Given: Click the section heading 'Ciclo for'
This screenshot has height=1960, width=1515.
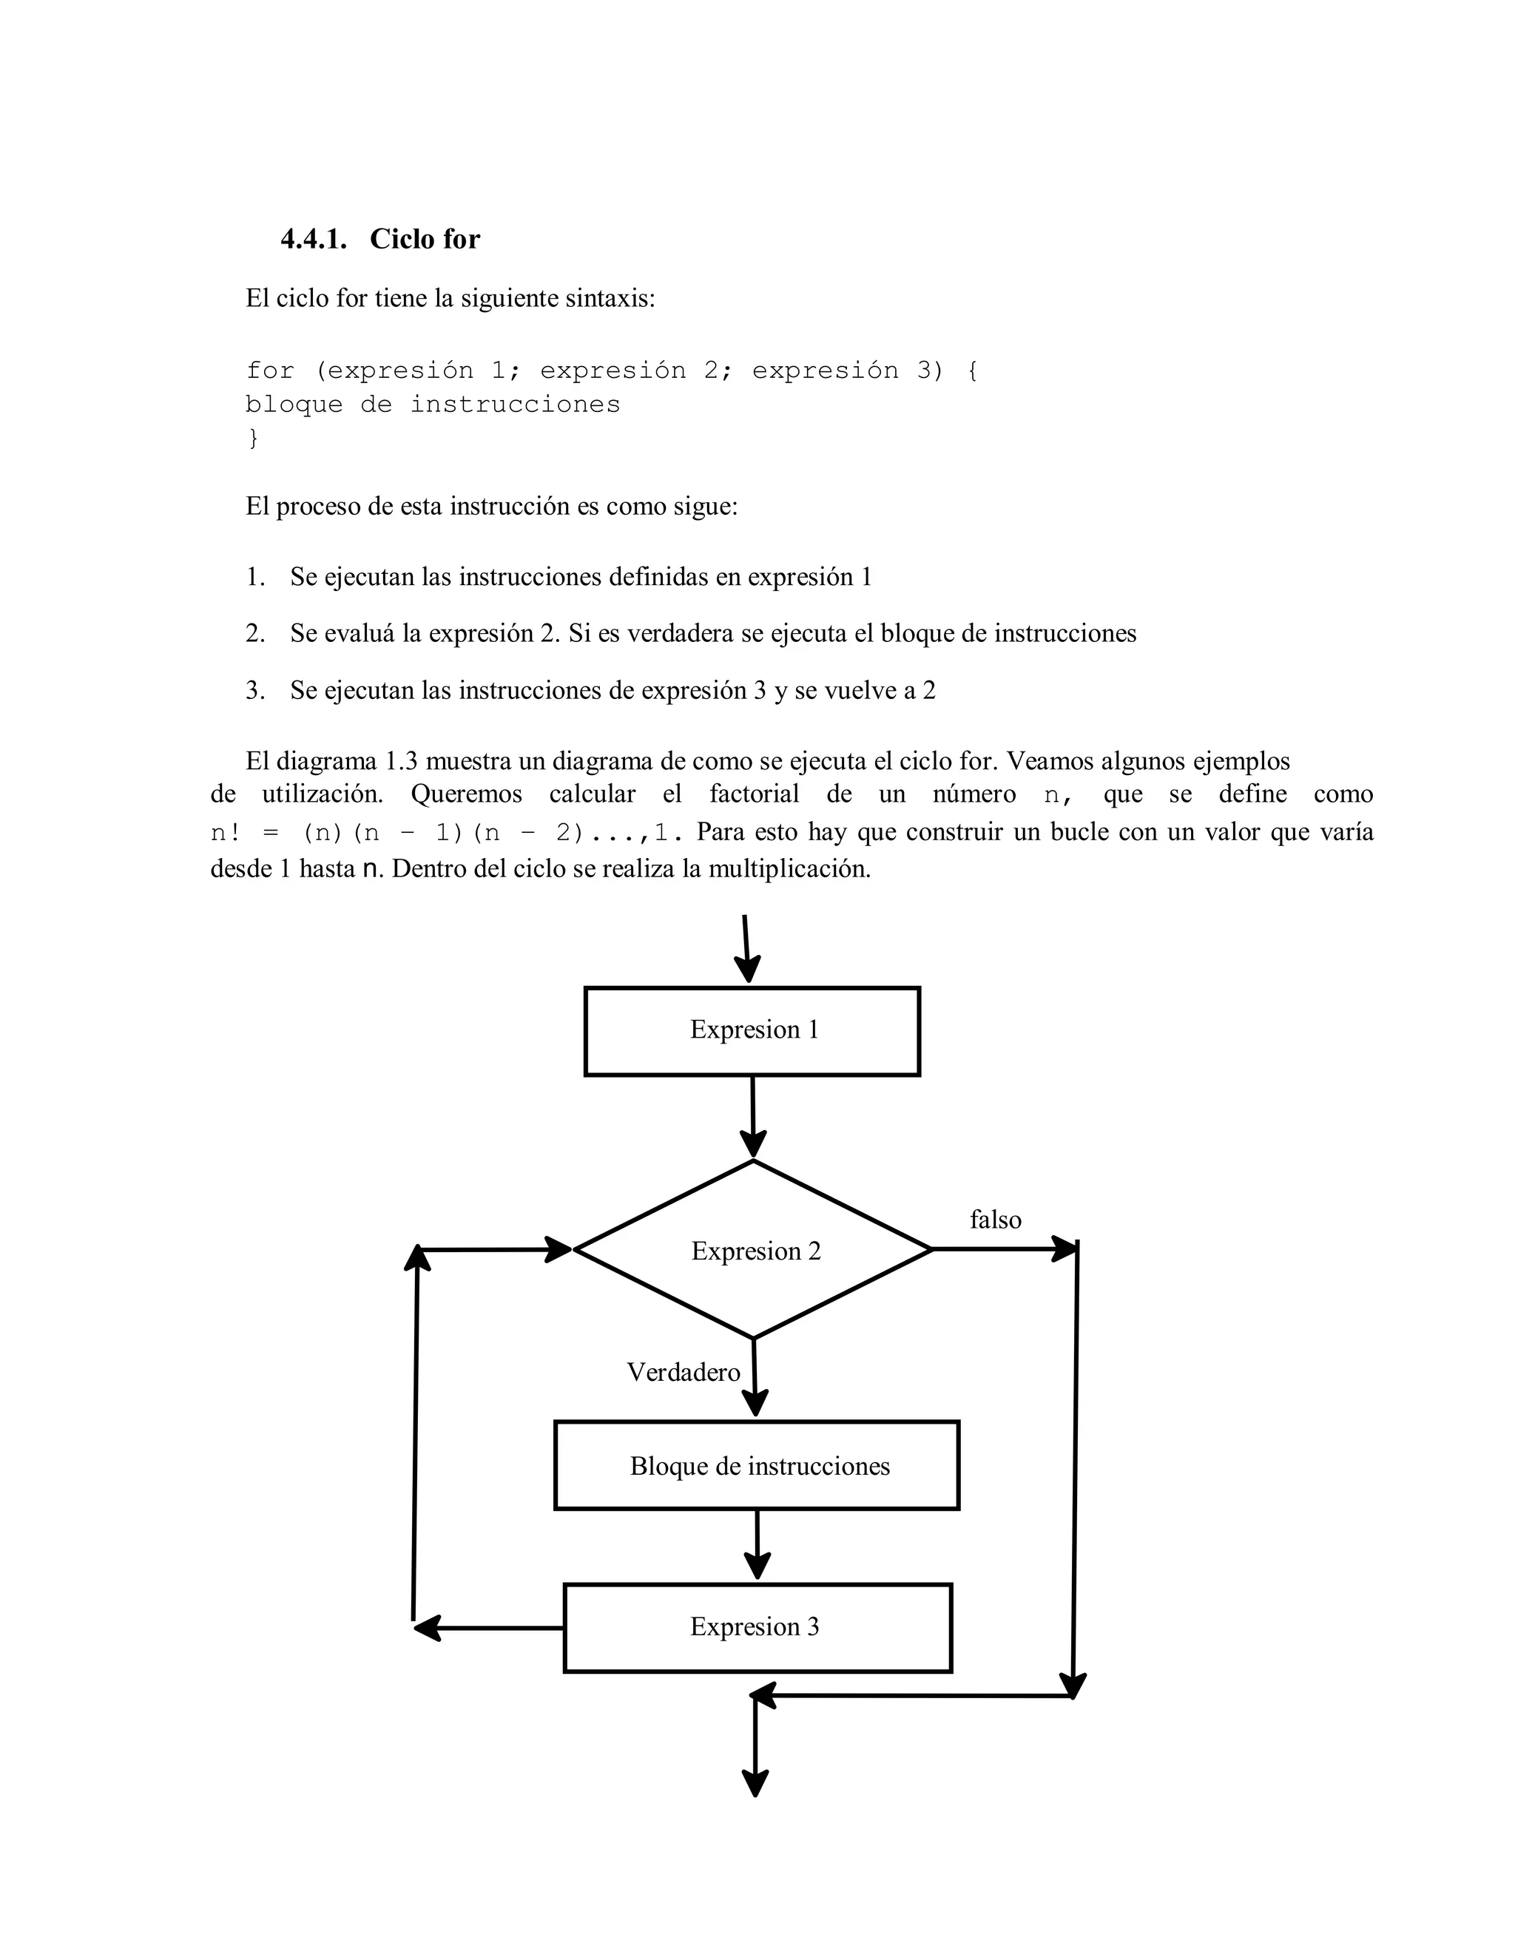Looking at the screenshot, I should pyautogui.click(x=425, y=240).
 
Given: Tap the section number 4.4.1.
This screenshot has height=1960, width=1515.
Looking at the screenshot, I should pyautogui.click(x=313, y=240).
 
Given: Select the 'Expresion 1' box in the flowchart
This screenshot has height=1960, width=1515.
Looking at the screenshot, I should pyautogui.click(x=752, y=1031).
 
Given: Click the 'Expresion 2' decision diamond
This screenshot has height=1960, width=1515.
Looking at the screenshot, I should pyautogui.click(x=754, y=1250).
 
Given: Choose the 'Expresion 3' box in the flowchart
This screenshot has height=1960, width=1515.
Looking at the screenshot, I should pyautogui.click(x=757, y=1627).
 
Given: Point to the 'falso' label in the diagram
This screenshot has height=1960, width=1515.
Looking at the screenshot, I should pyautogui.click(x=996, y=1220).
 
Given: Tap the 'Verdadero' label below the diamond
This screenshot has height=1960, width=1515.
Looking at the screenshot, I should pyautogui.click(x=683, y=1372).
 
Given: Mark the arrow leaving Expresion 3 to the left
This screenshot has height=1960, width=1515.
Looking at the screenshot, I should pyautogui.click(x=489, y=1627).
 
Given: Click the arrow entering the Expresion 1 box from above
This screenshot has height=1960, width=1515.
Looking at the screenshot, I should pyautogui.click(x=746, y=949).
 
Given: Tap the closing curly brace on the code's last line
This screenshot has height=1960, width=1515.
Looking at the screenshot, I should pyautogui.click(x=253, y=438).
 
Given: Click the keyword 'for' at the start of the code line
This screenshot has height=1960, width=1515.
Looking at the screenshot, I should pyautogui.click(x=270, y=371).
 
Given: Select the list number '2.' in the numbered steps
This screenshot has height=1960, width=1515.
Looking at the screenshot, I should pyautogui.click(x=256, y=634).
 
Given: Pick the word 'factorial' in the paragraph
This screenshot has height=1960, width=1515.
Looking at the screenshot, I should pyautogui.click(x=754, y=794).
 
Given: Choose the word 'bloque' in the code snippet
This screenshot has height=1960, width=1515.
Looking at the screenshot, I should pyautogui.click(x=294, y=405).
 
